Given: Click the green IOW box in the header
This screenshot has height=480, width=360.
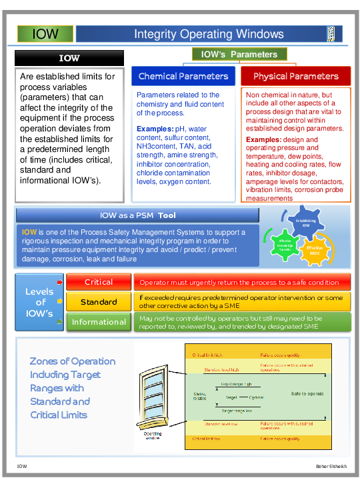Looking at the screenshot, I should pos(45,34).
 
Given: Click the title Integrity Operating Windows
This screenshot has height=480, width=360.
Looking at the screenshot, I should pos(209,34).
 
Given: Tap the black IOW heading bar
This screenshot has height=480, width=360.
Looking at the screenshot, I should pos(69,58).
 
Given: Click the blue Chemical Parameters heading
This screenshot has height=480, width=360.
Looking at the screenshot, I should pos(183,76).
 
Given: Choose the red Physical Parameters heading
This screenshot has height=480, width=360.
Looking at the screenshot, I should pos(295,76).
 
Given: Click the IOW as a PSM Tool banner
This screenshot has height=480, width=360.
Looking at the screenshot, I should pos(137,215).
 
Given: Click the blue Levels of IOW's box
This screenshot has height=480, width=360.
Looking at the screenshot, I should pos(39,302).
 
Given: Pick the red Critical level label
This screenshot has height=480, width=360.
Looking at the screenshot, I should pos(98,282).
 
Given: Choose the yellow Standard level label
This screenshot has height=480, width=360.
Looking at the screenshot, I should pos(98,302).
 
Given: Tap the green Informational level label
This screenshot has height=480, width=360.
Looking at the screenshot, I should pos(98,322).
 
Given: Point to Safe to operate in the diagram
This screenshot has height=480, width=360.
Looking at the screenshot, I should pos(307,393).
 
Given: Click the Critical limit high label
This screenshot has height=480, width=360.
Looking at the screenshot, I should pos(207,355).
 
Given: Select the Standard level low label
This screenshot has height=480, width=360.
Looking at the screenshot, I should pos(221,424).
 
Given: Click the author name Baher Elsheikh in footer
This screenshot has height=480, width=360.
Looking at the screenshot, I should pos(328,465).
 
